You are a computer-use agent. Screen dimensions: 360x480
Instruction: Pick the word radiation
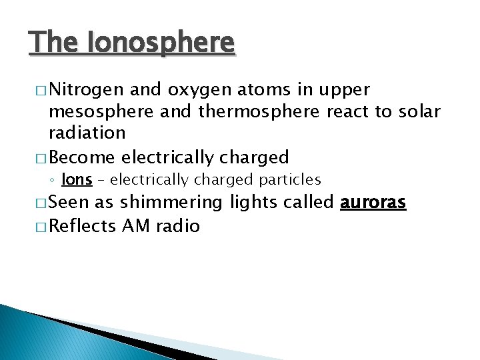tap(87, 133)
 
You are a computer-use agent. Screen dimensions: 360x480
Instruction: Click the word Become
tap(81, 157)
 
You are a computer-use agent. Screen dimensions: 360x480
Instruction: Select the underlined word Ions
tap(77, 180)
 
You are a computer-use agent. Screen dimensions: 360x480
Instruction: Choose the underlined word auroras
tap(373, 203)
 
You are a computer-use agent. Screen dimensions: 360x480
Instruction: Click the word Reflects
tap(83, 226)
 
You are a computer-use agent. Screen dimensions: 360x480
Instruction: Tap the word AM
tap(136, 226)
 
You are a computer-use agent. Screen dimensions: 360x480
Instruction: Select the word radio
tap(177, 226)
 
